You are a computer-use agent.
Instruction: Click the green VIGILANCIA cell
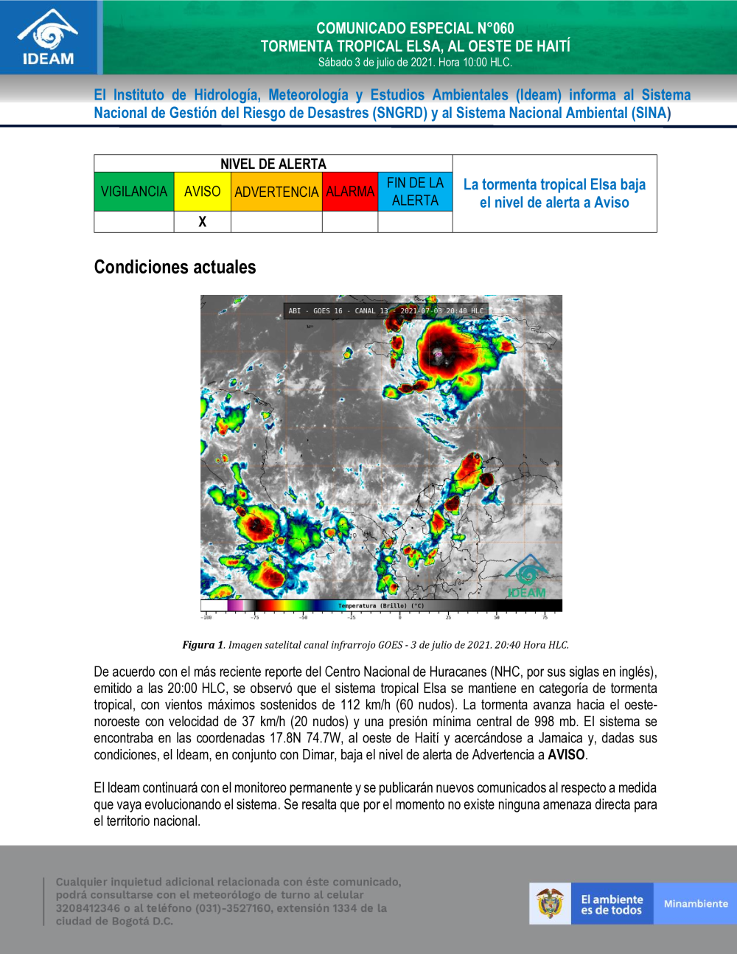pyautogui.click(x=134, y=192)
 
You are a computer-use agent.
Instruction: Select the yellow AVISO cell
pyautogui.click(x=202, y=192)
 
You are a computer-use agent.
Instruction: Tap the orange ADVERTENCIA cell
pyautogui.click(x=276, y=192)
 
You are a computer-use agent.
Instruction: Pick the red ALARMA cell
pyautogui.click(x=350, y=192)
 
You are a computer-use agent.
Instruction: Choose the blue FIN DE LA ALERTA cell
pyautogui.click(x=415, y=192)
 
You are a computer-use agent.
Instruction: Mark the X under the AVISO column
pyautogui.click(x=202, y=222)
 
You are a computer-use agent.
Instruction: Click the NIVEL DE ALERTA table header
pyautogui.click(x=273, y=164)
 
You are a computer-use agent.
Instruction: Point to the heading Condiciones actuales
pyautogui.click(x=175, y=267)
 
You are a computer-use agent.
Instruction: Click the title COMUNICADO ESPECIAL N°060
pyautogui.click(x=415, y=29)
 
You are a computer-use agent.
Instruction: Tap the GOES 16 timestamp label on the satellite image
pyautogui.click(x=385, y=311)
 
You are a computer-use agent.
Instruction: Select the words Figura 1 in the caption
pyautogui.click(x=203, y=645)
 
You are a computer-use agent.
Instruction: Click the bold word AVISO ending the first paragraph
pyautogui.click(x=566, y=755)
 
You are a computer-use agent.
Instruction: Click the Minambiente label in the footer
pyautogui.click(x=695, y=904)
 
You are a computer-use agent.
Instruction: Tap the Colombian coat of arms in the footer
pyautogui.click(x=550, y=904)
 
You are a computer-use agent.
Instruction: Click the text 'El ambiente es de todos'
pyautogui.click(x=612, y=905)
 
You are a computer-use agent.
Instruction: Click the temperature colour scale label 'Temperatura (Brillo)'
pyautogui.click(x=380, y=606)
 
